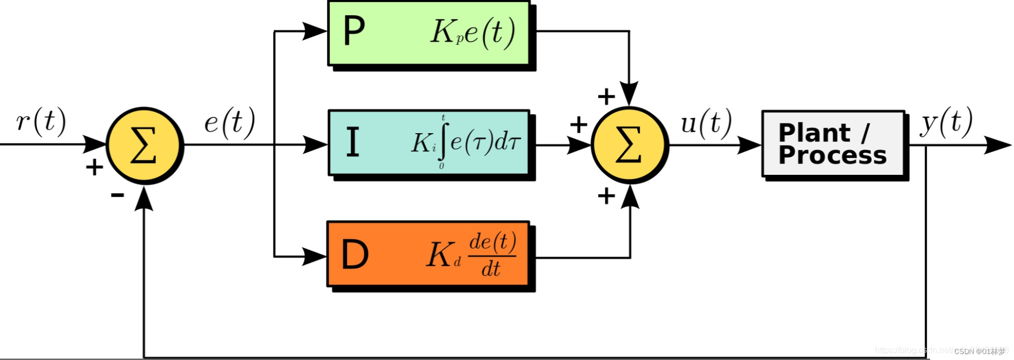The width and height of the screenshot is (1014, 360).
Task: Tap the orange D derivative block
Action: pyautogui.click(x=428, y=253)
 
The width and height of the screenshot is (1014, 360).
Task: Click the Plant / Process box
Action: pyautogui.click(x=833, y=144)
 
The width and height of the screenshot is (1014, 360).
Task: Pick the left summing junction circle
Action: pyautogui.click(x=145, y=145)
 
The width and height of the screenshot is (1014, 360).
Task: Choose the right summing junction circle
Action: pyautogui.click(x=629, y=145)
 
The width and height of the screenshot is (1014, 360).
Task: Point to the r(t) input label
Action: pyautogui.click(x=41, y=121)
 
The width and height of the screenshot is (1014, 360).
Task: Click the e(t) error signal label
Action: pyautogui.click(x=230, y=122)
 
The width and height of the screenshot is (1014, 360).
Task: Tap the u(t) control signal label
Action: pyautogui.click(x=706, y=122)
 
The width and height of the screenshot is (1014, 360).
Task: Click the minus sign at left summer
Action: pyautogui.click(x=117, y=195)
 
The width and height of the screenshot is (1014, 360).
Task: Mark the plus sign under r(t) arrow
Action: pyautogui.click(x=94, y=167)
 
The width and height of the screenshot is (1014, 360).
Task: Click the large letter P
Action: pyautogui.click(x=354, y=31)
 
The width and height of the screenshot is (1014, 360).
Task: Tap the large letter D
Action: pyautogui.click(x=355, y=254)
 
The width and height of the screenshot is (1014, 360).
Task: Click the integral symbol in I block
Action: pyautogui.click(x=443, y=142)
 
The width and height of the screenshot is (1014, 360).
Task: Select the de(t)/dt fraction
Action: pyautogui.click(x=492, y=254)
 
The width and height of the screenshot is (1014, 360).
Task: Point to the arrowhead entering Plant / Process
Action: pyautogui.click(x=750, y=145)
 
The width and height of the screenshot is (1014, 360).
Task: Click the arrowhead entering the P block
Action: pyautogui.click(x=315, y=31)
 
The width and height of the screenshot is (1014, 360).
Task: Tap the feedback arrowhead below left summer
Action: pyautogui.click(x=144, y=199)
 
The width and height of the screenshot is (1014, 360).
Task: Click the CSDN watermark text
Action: pyautogui.click(x=979, y=351)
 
